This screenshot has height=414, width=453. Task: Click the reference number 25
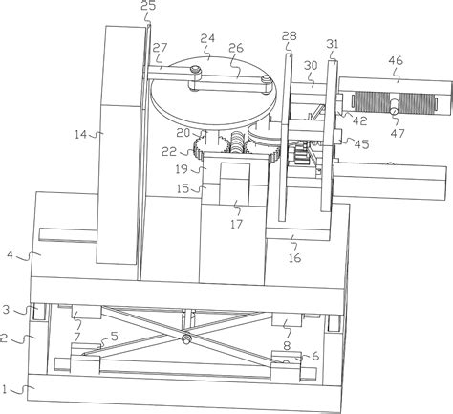(x=148, y=6)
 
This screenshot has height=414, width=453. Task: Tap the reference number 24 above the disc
(x=207, y=38)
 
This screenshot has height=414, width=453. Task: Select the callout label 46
(x=396, y=60)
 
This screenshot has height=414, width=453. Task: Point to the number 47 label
(x=398, y=133)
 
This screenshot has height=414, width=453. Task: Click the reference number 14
(x=80, y=134)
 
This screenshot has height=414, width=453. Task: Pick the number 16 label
(x=294, y=257)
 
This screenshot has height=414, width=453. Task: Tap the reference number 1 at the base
(x=4, y=389)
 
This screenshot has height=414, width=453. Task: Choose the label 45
(x=362, y=144)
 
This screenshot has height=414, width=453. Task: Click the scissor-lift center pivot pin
(x=185, y=338)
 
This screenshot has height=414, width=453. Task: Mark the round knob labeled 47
(x=394, y=109)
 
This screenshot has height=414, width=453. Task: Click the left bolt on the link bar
(x=195, y=70)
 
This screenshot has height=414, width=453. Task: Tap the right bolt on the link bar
(x=266, y=79)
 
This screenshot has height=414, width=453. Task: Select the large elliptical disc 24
(x=213, y=94)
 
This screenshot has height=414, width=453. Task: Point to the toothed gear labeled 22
(x=211, y=148)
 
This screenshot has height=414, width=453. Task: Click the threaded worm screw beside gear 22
(x=237, y=142)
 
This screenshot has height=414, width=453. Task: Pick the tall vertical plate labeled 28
(x=286, y=138)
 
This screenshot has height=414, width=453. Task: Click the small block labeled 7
(x=87, y=313)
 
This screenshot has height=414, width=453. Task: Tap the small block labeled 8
(x=287, y=318)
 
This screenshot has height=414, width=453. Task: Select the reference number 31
(x=333, y=44)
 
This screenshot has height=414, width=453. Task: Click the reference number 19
(x=182, y=169)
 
